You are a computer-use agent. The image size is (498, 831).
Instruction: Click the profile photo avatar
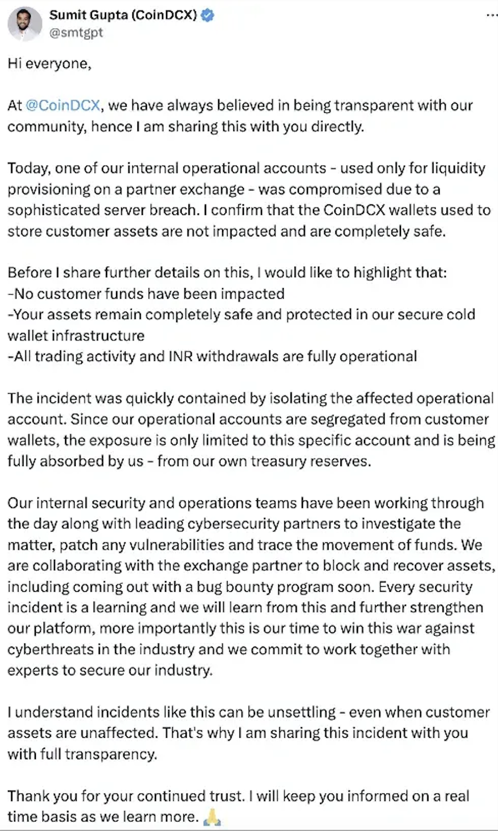[x=25, y=24]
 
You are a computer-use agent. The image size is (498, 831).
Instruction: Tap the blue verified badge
[x=208, y=16]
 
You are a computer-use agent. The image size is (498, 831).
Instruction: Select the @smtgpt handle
[x=76, y=33]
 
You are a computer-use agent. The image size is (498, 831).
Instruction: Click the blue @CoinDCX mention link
[x=63, y=106]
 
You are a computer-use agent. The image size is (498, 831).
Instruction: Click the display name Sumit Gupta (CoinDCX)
[x=123, y=16]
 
